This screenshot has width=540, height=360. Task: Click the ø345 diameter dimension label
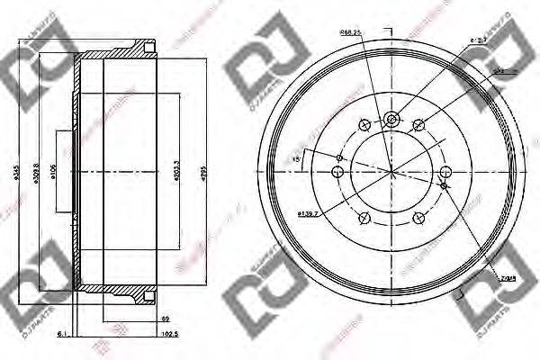point(13,170)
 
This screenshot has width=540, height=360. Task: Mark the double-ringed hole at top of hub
point(390,118)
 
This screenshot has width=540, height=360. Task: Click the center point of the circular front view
point(391,170)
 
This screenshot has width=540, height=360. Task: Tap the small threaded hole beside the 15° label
point(339,157)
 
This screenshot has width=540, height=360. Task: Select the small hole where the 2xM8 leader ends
point(444,185)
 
